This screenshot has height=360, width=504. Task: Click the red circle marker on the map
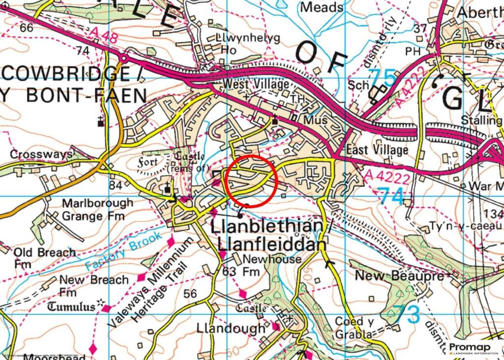point(252,180)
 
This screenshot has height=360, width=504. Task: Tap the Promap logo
point(473,349)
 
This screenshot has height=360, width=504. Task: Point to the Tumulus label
point(71,307)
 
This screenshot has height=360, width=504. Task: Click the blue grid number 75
point(382,78)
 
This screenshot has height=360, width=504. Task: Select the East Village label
point(377,150)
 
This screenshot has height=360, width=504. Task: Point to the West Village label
point(255,84)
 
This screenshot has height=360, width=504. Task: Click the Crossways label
point(41,155)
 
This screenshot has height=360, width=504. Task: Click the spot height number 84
point(115,185)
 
